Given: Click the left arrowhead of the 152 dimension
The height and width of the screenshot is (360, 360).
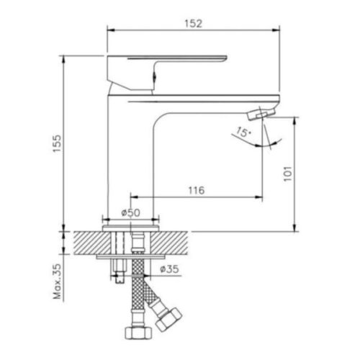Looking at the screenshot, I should [110, 30].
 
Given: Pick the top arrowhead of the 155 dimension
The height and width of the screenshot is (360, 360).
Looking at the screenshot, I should [64, 59].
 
